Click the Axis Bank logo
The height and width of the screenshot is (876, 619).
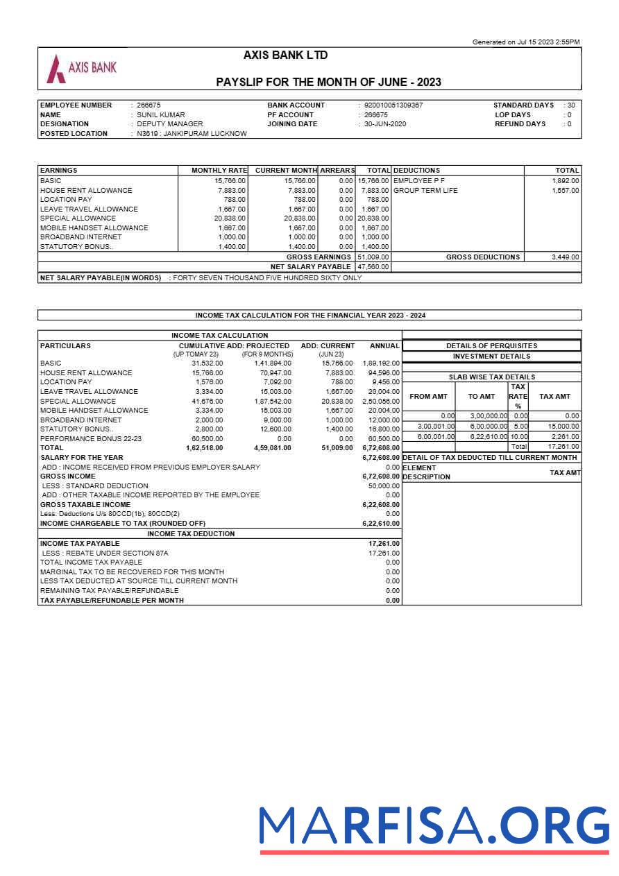pyautogui.click(x=81, y=68)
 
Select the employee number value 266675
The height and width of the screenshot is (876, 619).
pyautogui.click(x=149, y=105)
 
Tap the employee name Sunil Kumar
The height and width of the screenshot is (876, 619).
pyautogui.click(x=160, y=115)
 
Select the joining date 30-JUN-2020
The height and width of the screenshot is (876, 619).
pyautogui.click(x=385, y=124)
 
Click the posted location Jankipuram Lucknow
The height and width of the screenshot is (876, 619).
pyautogui.click(x=192, y=134)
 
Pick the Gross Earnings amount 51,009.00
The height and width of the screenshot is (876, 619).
pyautogui.click(x=373, y=257)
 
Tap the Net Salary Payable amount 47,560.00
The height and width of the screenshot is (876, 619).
pyautogui.click(x=373, y=267)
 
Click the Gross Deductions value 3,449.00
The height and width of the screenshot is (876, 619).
pyautogui.click(x=565, y=257)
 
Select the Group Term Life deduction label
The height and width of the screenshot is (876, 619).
pyautogui.click(x=425, y=191)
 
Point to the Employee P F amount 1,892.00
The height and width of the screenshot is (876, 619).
pyautogui.click(x=565, y=181)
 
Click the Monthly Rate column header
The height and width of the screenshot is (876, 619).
pyautogui.click(x=219, y=171)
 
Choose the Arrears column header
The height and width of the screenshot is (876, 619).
pyautogui.click(x=337, y=171)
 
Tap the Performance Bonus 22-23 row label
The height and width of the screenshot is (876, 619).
pyautogui.click(x=91, y=439)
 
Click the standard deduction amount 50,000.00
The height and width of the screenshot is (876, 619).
pyautogui.click(x=384, y=486)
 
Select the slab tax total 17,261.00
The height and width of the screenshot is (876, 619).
pyautogui.click(x=563, y=447)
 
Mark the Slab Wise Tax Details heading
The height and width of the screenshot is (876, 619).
pyautogui.click(x=491, y=377)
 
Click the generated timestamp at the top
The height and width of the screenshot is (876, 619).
pyautogui.click(x=525, y=42)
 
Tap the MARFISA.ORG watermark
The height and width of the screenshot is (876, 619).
pyautogui.click(x=434, y=828)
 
